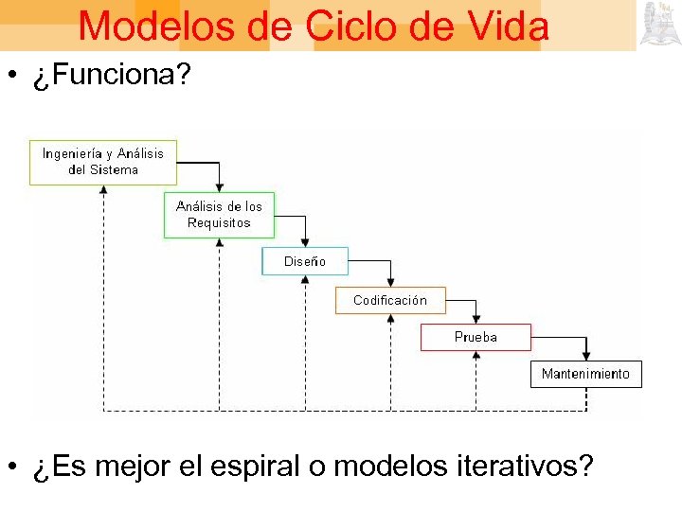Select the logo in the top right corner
point(658,24)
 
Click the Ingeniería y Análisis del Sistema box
point(103,162)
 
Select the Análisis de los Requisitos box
point(219,215)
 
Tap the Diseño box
point(305,261)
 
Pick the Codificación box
point(390,300)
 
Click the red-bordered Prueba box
point(476,337)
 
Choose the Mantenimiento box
point(585,374)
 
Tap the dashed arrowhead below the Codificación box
point(390,320)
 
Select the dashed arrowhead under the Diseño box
point(305,281)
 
